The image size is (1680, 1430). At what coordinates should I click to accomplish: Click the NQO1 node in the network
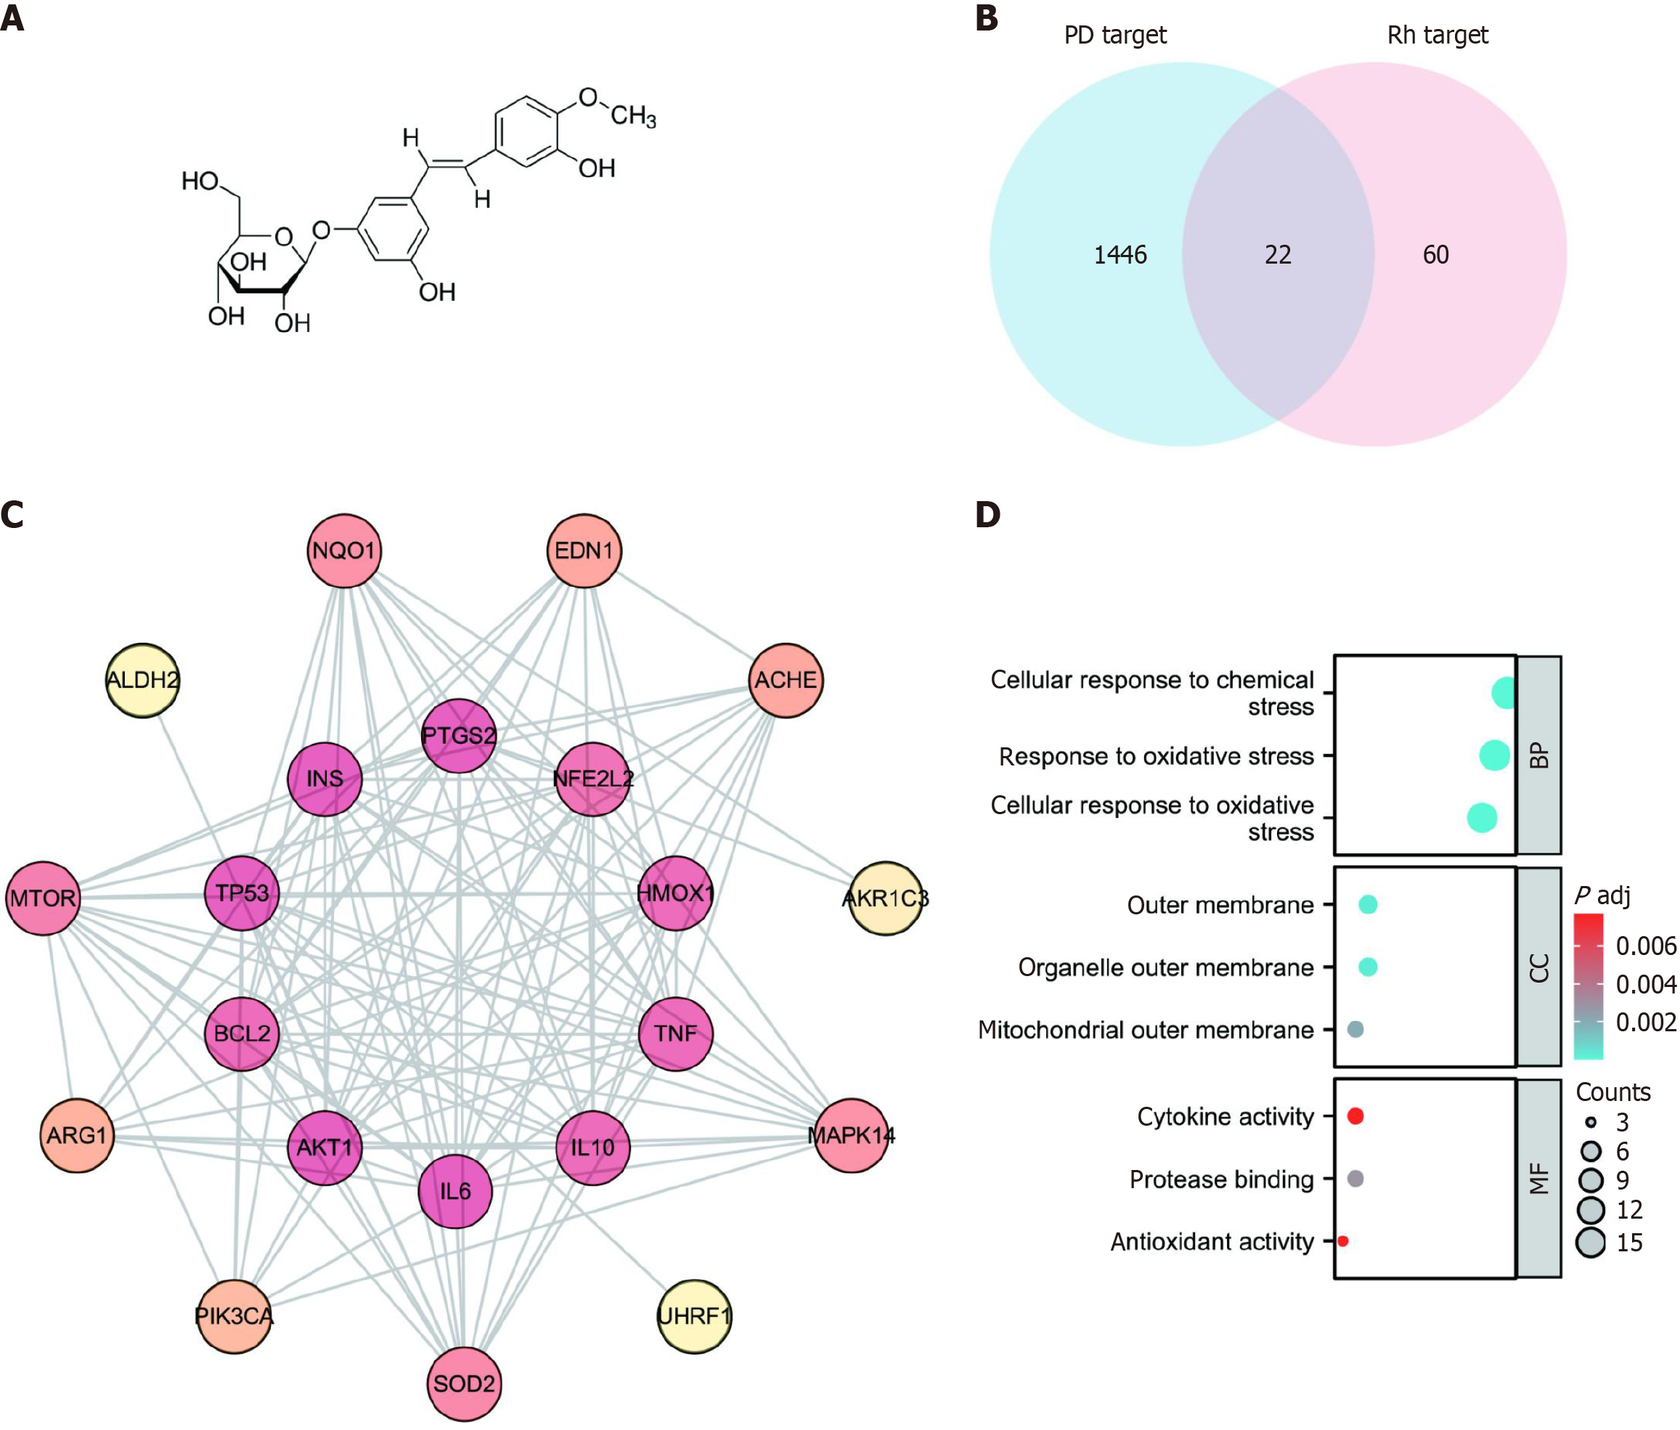point(343,551)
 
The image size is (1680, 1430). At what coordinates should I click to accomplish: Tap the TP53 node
point(242,893)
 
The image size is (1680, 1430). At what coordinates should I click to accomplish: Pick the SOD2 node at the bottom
point(463,1383)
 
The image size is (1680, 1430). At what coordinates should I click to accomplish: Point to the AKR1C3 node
point(885,898)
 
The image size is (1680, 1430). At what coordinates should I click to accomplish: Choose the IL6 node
point(454,1191)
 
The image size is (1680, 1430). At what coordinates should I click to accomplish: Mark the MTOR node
point(43,898)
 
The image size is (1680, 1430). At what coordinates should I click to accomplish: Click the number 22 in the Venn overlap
point(1277,254)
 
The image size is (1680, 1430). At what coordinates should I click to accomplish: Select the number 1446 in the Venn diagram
point(1120,254)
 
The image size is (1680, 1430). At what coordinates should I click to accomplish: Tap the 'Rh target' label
point(1437,35)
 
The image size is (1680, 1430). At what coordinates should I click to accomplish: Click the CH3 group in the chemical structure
point(632,116)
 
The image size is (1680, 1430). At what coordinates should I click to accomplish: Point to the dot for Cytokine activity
point(1355,1116)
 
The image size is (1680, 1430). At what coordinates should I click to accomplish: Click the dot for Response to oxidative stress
point(1494,755)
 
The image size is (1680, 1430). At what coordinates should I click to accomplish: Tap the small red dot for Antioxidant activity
point(1343,1240)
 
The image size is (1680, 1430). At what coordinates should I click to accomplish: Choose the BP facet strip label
point(1538,755)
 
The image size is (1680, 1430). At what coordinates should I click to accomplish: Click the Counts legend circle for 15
point(1590,1242)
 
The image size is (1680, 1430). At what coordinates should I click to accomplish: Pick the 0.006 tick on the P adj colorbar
point(1645,946)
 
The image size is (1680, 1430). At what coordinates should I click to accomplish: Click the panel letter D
point(987,514)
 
